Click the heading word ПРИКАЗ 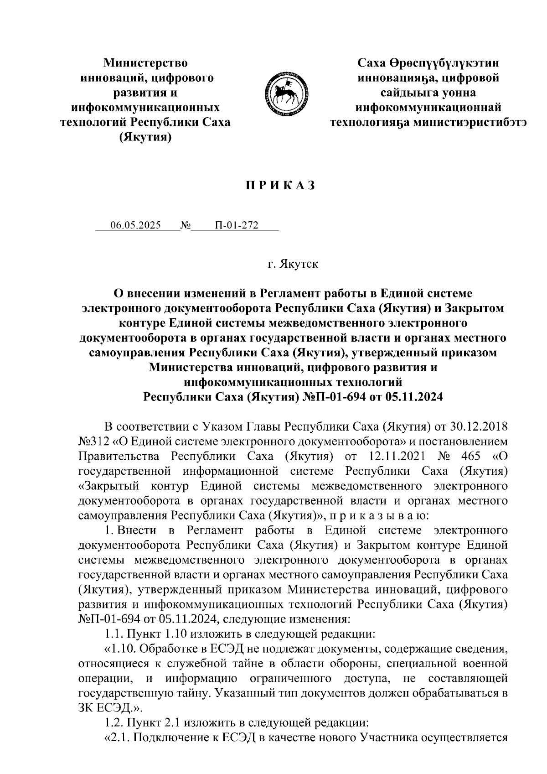point(281,186)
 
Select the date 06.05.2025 point(135,225)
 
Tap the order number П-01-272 point(237,225)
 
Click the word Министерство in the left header point(146,62)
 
